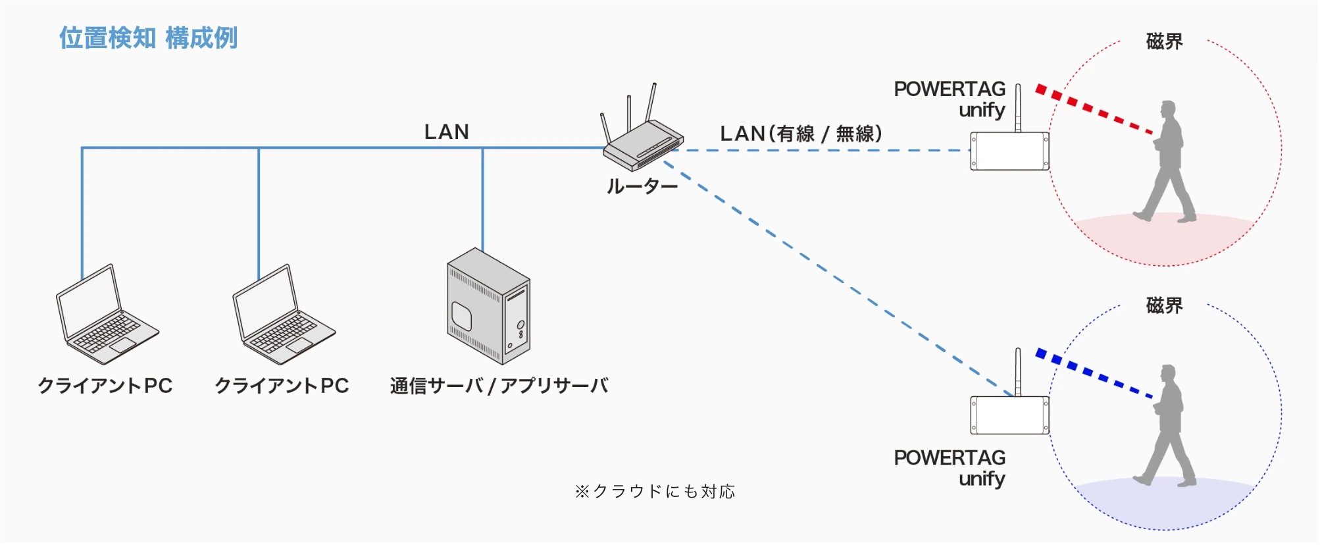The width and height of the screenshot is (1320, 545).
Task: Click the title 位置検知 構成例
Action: coord(148,38)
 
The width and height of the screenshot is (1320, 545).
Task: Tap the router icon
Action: coord(642,142)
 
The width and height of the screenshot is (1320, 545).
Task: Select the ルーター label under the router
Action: coord(642,187)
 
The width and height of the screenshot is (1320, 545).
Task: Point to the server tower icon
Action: coord(488,307)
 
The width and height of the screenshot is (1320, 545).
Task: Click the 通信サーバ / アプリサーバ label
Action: coord(499,386)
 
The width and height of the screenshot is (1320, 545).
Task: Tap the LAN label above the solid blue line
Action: coord(447,132)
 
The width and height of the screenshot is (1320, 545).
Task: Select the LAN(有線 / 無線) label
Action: coord(801,134)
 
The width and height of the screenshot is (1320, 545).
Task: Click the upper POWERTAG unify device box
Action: coord(1009,151)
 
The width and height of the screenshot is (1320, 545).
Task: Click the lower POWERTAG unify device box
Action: coord(1009,415)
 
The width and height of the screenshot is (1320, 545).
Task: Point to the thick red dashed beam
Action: coord(1094,109)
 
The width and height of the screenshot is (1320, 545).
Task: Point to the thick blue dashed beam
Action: coord(1094,374)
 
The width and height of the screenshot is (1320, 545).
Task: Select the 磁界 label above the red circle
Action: coord(1164,41)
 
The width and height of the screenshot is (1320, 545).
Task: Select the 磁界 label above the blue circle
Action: coord(1164,305)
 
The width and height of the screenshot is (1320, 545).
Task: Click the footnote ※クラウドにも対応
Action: coord(655,492)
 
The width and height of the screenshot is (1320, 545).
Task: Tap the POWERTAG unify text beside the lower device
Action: coord(950,467)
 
